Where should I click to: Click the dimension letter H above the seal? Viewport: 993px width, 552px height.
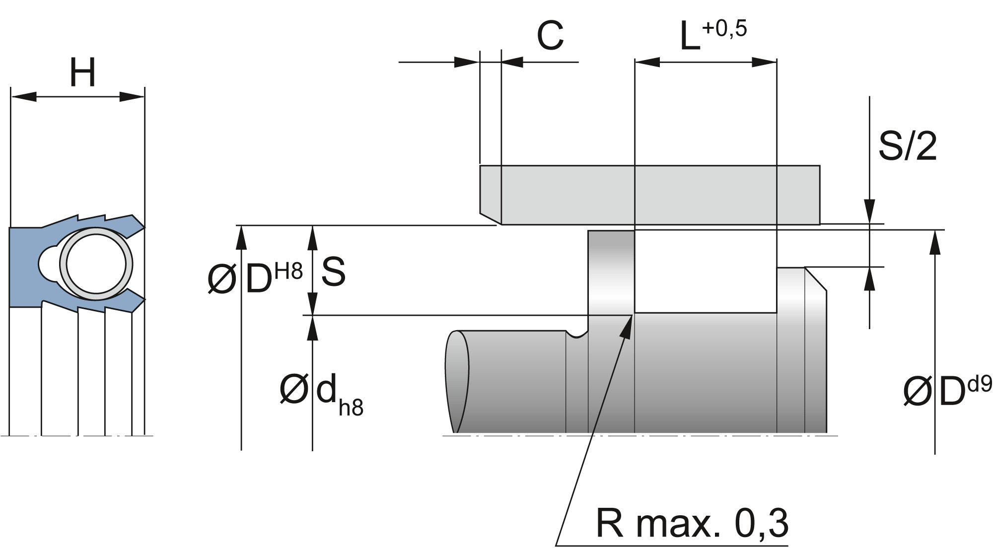(82, 72)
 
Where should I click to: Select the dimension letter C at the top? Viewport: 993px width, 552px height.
(550, 37)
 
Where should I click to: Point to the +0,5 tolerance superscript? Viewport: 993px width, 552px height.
(724, 29)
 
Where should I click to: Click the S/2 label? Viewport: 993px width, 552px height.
(907, 146)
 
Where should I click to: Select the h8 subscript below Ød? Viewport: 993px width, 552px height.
(351, 407)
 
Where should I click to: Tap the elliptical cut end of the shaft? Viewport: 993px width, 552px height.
(457, 381)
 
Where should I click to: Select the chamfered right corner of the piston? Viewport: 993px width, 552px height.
(816, 279)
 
